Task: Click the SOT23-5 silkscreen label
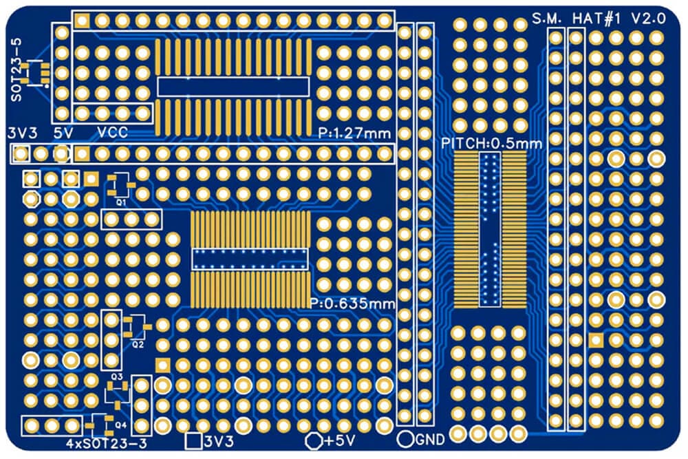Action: point(16,70)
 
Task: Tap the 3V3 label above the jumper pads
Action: point(23,133)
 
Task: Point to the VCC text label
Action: point(112,133)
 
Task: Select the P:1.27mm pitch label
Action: point(354,133)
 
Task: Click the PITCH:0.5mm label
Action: point(491,144)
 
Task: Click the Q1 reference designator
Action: point(121,202)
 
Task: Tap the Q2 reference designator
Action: point(138,345)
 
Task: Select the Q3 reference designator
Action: point(117,376)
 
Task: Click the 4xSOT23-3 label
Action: point(107,443)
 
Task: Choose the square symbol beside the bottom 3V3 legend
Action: point(193,441)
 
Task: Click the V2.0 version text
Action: point(649,19)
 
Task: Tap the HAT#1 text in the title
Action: point(596,19)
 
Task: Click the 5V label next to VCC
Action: point(63,133)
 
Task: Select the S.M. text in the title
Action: point(547,19)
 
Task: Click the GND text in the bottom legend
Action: point(430,439)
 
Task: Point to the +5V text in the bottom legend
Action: point(339,440)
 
